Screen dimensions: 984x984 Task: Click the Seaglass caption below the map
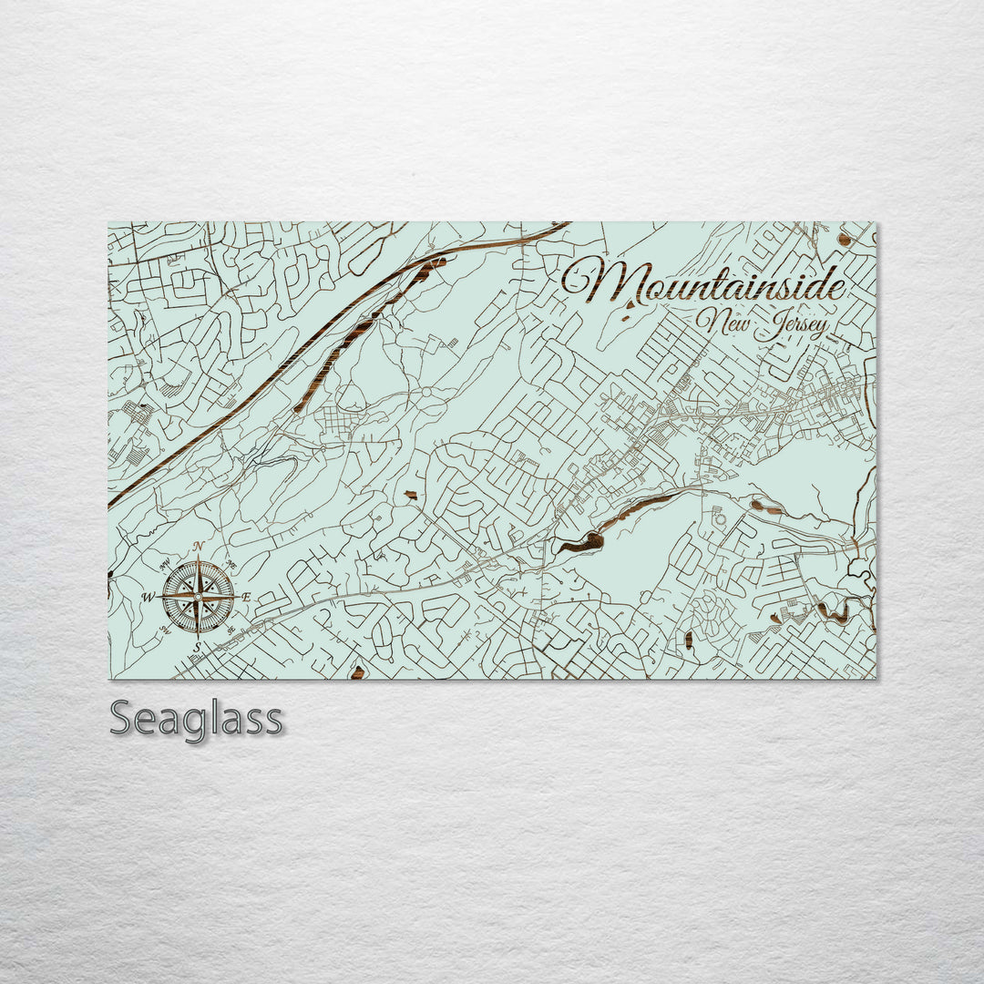[x=196, y=720]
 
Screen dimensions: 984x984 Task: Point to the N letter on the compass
[x=199, y=547]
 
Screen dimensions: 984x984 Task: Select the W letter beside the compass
[x=149, y=598]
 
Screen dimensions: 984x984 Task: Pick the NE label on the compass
[x=231, y=563]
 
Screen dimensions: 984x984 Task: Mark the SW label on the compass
[x=165, y=630]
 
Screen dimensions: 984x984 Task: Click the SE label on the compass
[x=231, y=630]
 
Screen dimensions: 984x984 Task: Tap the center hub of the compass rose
[x=198, y=597]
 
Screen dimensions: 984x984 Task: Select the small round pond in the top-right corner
[x=845, y=241]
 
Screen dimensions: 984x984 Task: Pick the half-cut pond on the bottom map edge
[x=357, y=673]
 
